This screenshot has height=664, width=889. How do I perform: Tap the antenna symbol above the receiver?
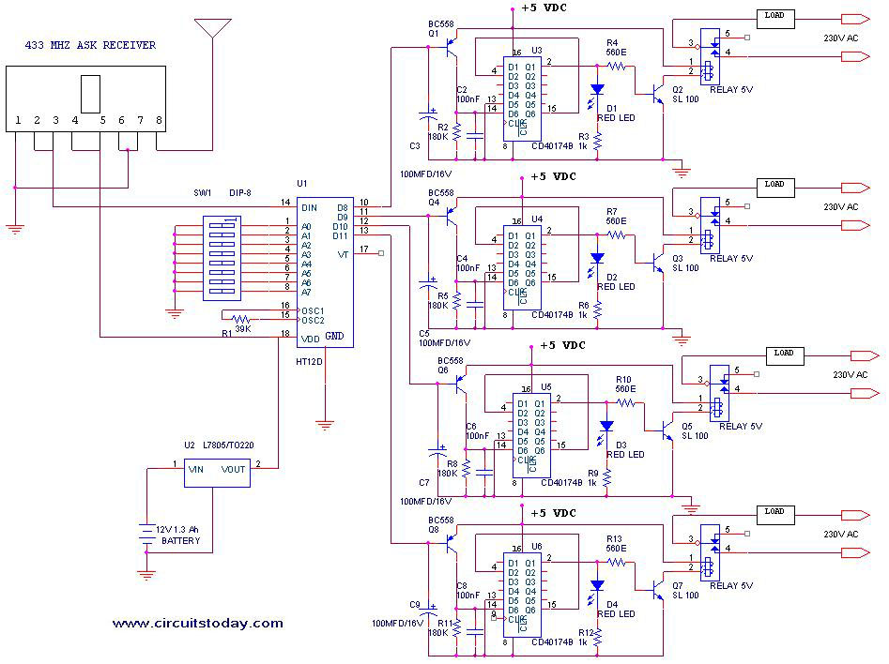tap(212, 27)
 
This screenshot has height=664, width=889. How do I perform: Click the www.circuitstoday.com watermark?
tap(197, 623)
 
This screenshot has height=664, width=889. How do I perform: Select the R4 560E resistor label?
tap(616, 49)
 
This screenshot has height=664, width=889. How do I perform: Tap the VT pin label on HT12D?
tap(344, 254)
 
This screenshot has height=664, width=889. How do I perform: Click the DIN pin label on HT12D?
tap(308, 207)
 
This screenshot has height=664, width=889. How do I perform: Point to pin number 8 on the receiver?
tap(159, 121)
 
